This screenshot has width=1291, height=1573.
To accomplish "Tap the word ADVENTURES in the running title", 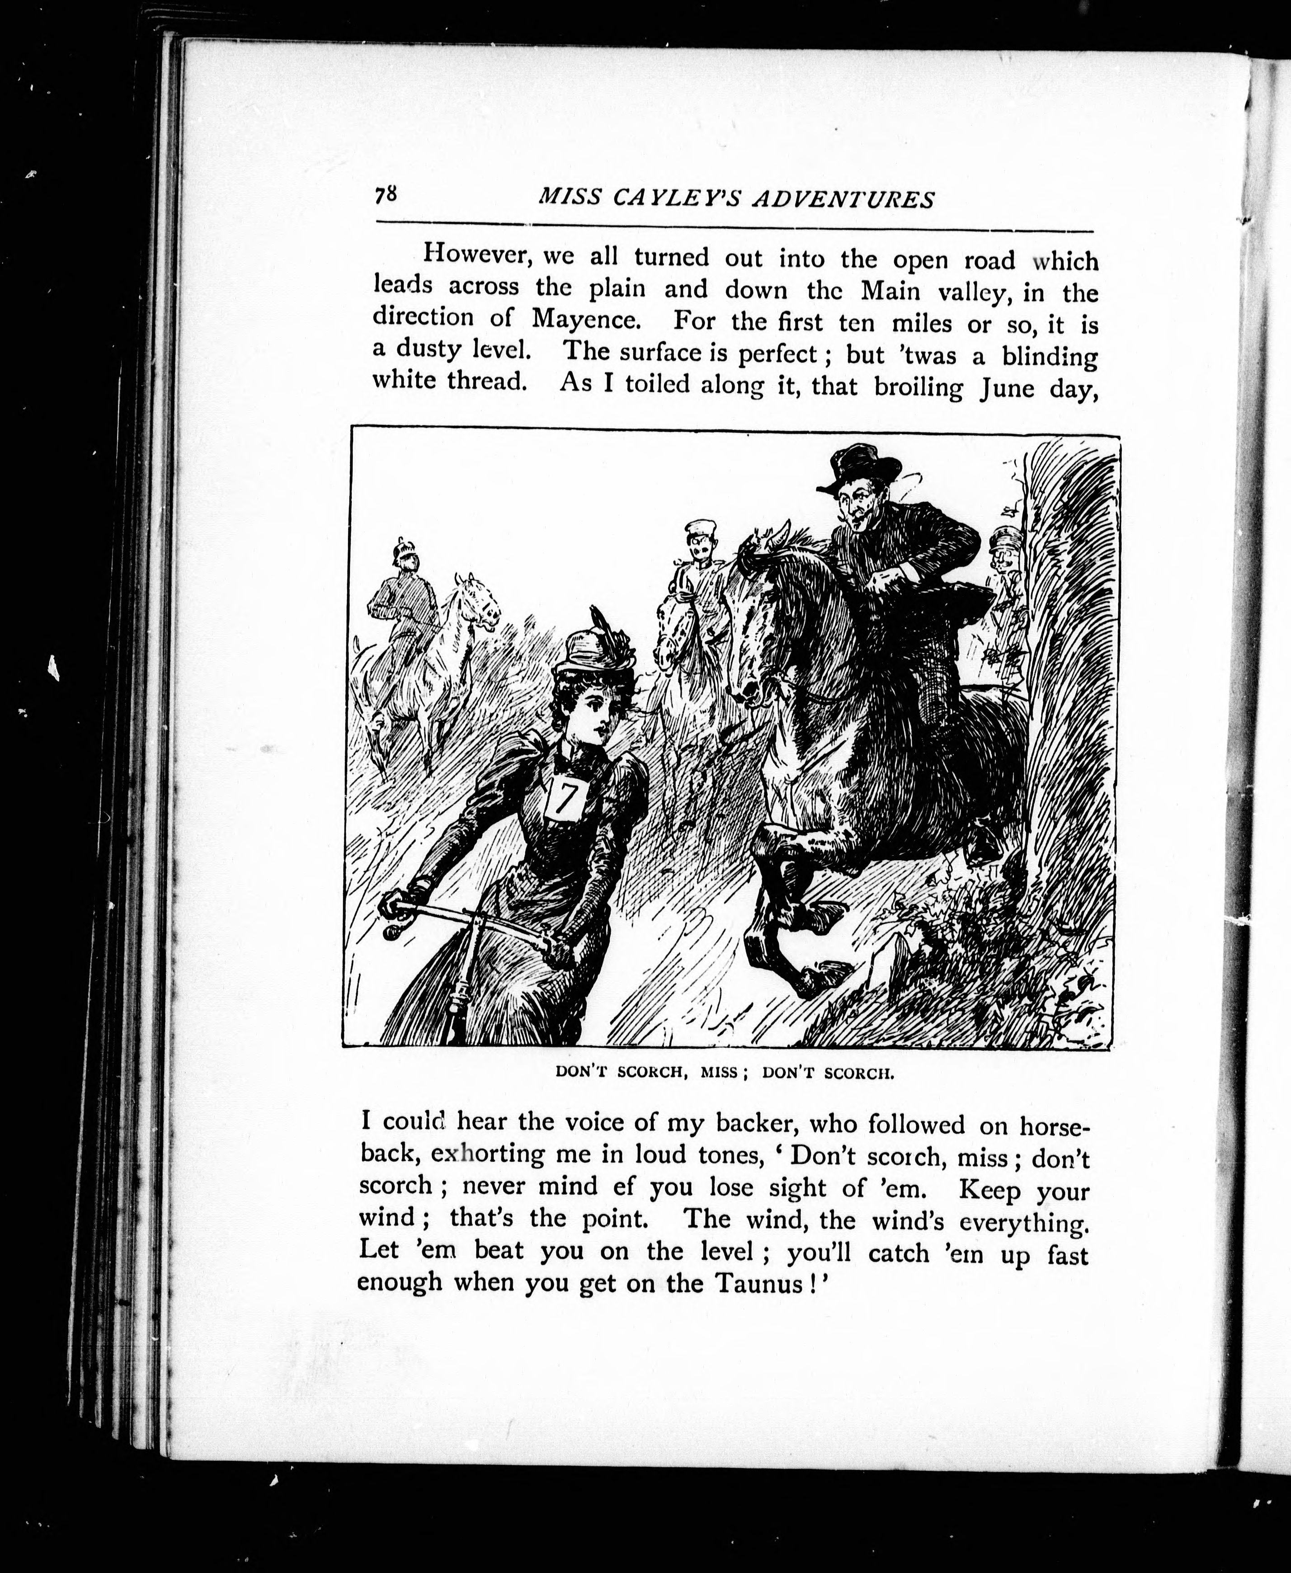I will coord(843,199).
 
